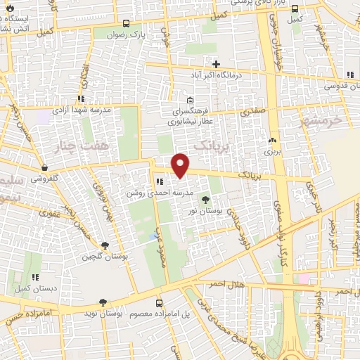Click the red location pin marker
(181, 165)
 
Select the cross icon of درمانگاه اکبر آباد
(217, 65)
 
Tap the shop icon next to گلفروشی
(46, 168)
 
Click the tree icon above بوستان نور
(205, 200)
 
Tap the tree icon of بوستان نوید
(103, 302)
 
